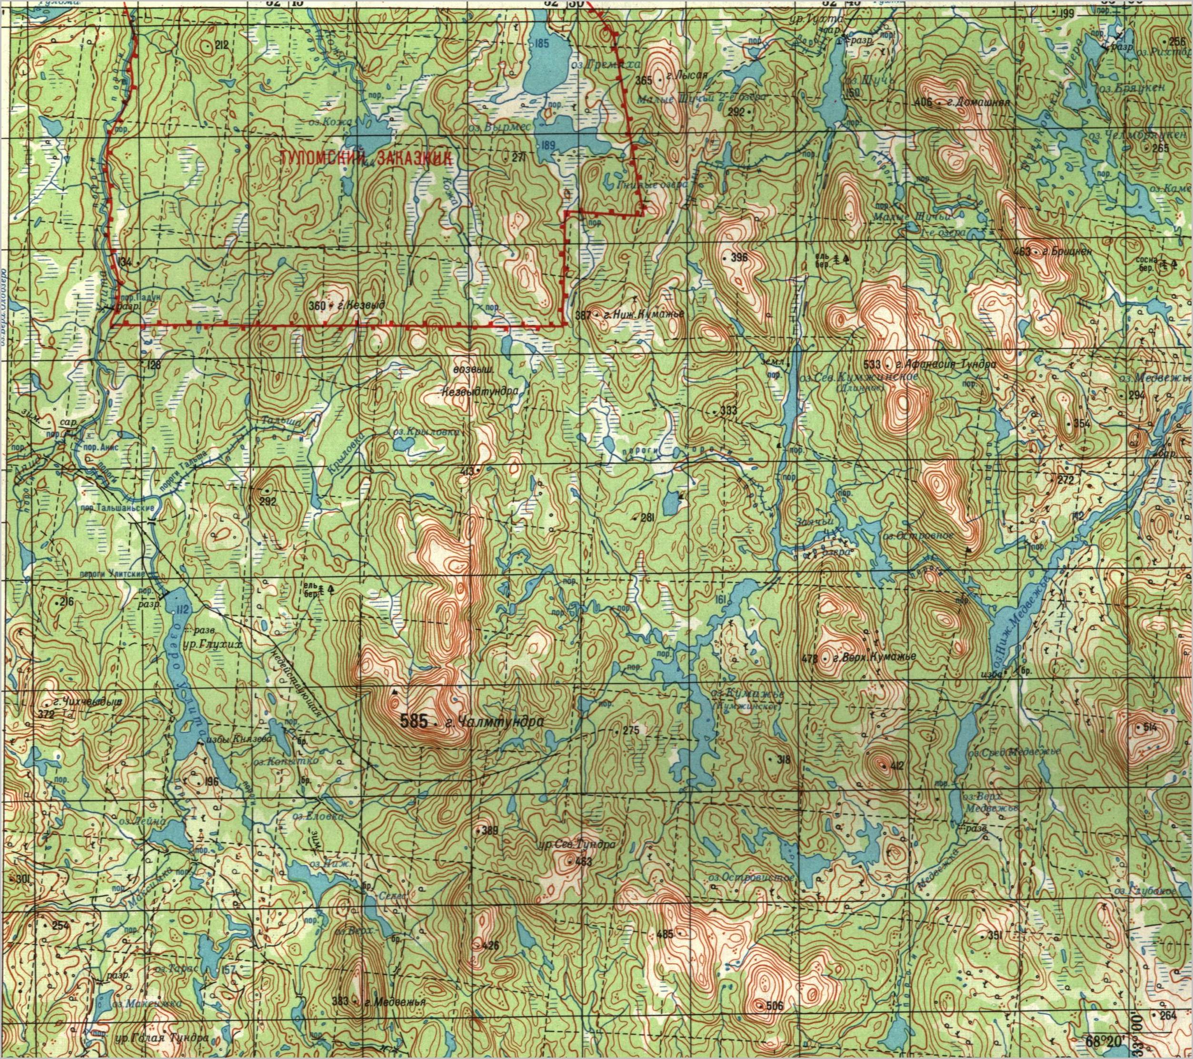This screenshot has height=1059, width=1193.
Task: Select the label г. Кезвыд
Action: coord(357,305)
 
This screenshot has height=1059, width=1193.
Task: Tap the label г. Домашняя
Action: coord(979,103)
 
